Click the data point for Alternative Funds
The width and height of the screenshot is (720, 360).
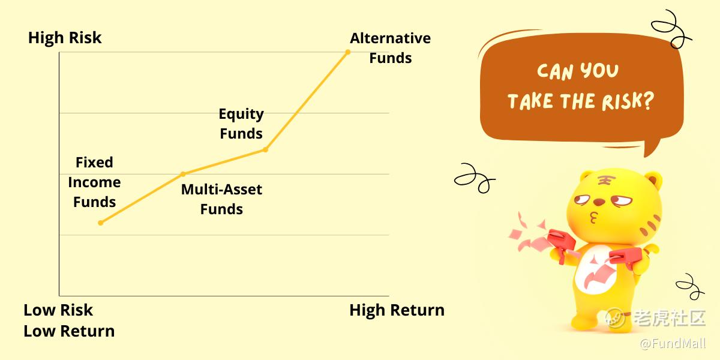coord(348,52)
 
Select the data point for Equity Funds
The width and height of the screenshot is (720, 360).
coord(265,149)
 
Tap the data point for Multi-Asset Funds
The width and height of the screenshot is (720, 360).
coord(183,174)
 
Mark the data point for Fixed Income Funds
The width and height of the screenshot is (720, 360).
coord(101,223)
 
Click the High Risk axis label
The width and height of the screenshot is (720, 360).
coord(65,38)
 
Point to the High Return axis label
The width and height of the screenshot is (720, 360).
coord(397,310)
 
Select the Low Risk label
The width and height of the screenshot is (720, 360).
coord(58,310)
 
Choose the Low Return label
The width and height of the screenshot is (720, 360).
coord(69,331)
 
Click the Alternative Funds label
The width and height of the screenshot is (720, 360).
coord(390,48)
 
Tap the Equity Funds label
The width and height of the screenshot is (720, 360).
coord(241,124)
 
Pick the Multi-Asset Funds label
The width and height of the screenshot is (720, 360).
coord(221,199)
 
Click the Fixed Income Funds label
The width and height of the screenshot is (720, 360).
coord(95,182)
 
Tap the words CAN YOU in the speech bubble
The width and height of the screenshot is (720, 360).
coord(578,71)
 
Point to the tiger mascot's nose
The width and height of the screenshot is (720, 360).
coord(599,202)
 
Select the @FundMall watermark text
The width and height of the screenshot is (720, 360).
coord(673,343)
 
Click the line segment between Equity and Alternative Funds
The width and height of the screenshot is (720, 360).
coord(307,101)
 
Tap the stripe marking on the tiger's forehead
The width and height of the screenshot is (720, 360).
coord(605,181)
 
